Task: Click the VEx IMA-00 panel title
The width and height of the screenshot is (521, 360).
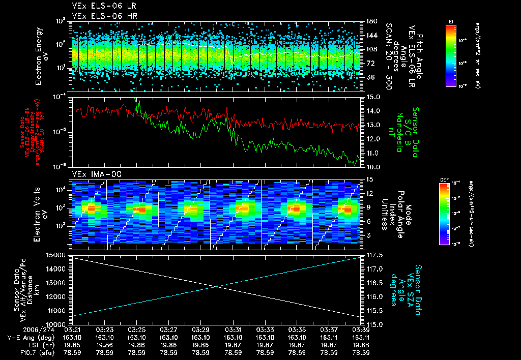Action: click(x=94, y=174)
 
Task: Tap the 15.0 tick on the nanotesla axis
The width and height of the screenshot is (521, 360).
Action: click(x=370, y=97)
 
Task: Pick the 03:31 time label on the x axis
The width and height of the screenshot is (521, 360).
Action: click(x=233, y=329)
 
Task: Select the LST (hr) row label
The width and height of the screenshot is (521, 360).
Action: click(x=31, y=344)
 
